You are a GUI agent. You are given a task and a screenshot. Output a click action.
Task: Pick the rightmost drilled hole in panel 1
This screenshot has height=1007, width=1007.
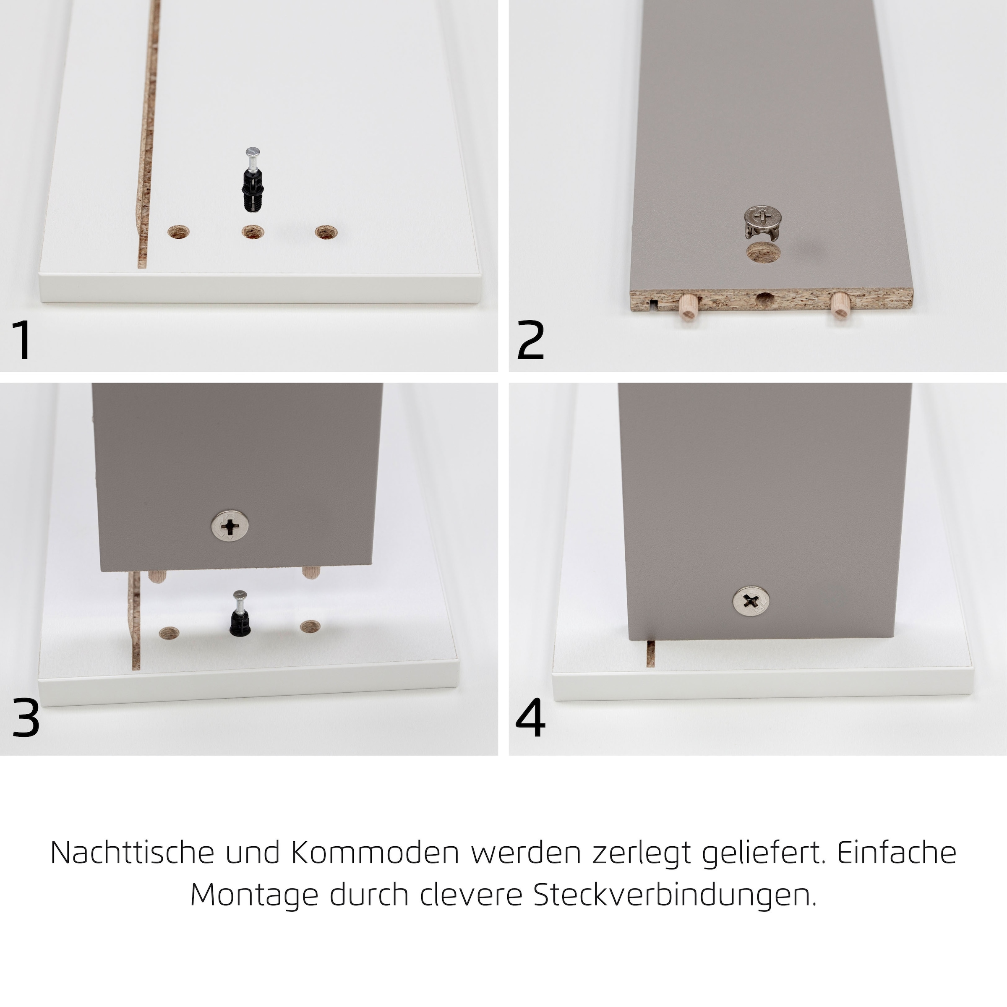(x=326, y=232)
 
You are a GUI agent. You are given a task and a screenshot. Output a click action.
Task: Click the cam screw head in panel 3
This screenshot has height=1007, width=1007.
(x=230, y=525)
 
